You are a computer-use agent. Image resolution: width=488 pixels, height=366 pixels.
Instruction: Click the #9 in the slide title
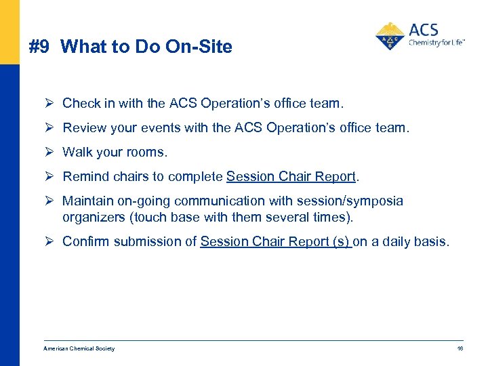(40, 47)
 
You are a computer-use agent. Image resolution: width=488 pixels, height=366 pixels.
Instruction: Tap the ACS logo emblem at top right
(390, 36)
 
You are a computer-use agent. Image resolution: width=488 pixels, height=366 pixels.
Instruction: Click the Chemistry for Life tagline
(436, 43)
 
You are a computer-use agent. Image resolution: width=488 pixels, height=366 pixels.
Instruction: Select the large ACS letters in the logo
(424, 30)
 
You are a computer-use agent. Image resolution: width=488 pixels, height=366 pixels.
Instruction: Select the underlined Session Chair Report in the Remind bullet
(291, 177)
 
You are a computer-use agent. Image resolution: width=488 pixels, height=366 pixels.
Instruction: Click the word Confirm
(85, 242)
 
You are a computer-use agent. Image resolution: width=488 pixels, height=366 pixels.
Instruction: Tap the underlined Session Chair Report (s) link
(276, 242)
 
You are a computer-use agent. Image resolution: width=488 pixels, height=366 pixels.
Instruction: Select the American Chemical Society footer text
(79, 348)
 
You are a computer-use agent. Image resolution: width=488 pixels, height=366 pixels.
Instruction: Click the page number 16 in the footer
(460, 348)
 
